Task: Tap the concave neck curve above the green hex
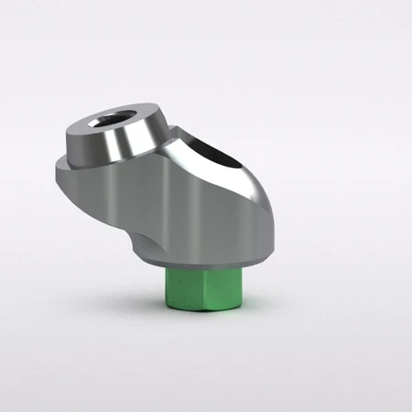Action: tap(139, 240)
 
